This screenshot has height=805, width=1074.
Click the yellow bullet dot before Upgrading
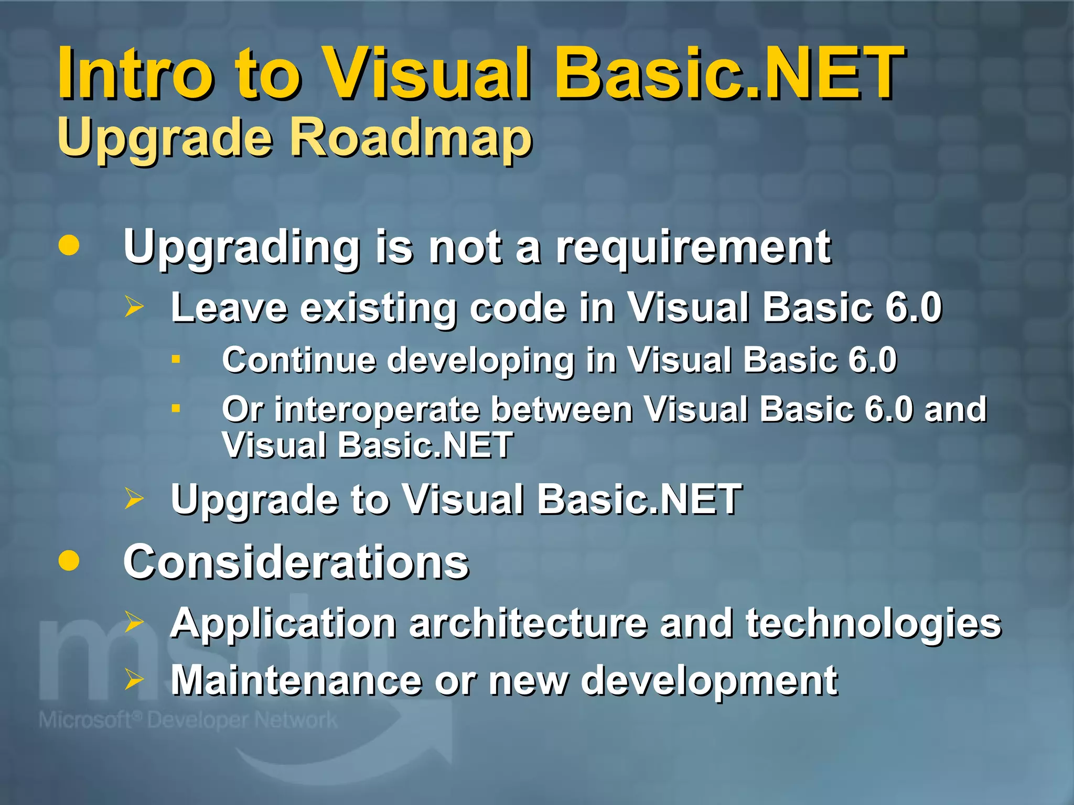pyautogui.click(x=69, y=245)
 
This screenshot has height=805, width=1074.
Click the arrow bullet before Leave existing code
pyautogui.click(x=134, y=306)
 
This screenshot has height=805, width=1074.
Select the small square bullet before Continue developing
pyautogui.click(x=176, y=360)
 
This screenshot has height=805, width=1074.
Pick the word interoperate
pyautogui.click(x=377, y=410)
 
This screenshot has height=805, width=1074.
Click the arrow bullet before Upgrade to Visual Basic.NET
pyautogui.click(x=134, y=498)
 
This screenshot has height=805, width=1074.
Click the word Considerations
pyautogui.click(x=296, y=562)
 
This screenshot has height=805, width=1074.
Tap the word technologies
pyautogui.click(x=873, y=625)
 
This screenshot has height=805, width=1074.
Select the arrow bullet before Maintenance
pyautogui.click(x=134, y=679)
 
